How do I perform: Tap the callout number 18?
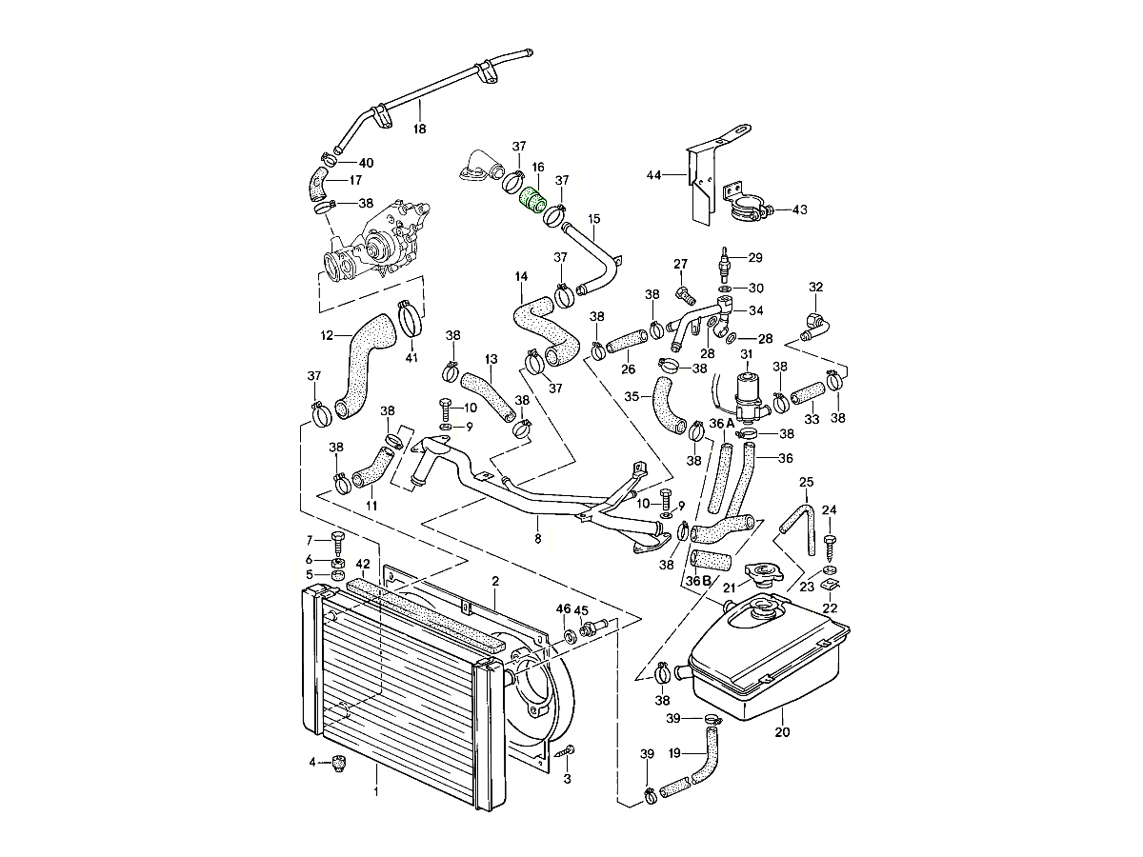coord(419,129)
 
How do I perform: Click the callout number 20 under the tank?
coord(783,732)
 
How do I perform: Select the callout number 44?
coord(653,175)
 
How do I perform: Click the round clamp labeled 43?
coord(749,209)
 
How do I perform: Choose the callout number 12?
coord(327,335)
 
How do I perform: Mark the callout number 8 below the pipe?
coord(538,539)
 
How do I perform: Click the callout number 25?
coord(807,481)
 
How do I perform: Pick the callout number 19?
coord(673,752)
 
